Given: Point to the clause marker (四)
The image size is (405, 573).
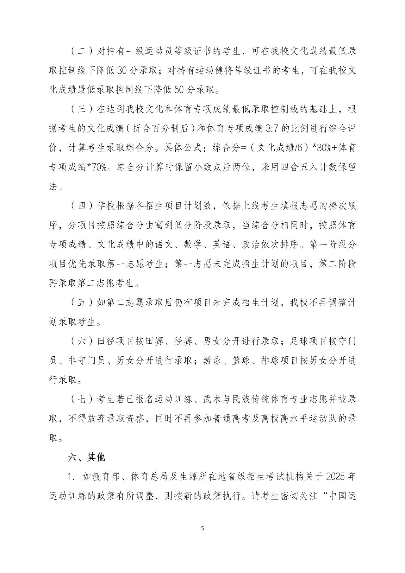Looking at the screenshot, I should [x=81, y=206].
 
